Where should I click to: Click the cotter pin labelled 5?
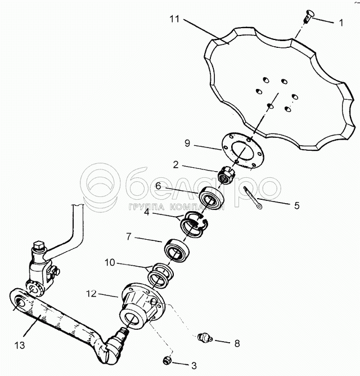click(255, 200)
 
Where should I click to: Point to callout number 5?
click(296, 205)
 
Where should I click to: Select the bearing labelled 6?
click(211, 197)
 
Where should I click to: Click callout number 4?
click(146, 212)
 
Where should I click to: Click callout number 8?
click(237, 342)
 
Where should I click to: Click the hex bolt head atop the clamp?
click(40, 245)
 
